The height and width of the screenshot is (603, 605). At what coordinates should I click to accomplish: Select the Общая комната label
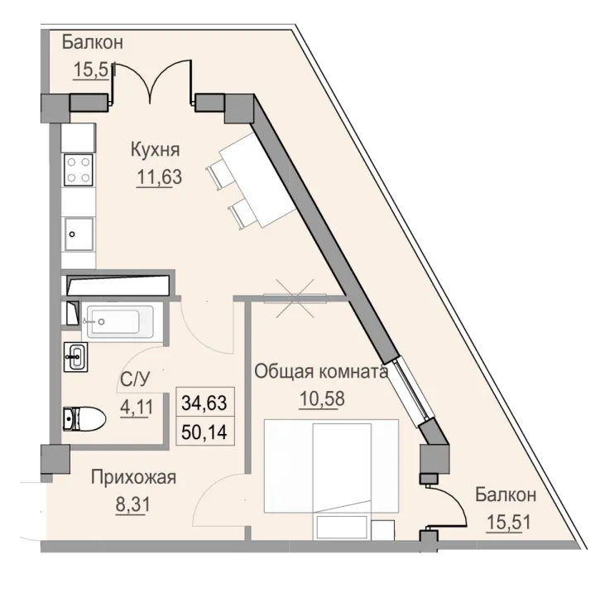click(x=321, y=372)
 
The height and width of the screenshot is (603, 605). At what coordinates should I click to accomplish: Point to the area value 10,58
click(x=321, y=398)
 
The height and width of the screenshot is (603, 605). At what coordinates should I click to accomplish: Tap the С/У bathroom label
click(x=135, y=379)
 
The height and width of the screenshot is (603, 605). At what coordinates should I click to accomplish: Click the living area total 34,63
click(x=203, y=404)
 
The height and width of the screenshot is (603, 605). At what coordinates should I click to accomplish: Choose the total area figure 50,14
click(x=203, y=431)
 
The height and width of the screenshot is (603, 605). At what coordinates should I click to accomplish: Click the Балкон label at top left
click(x=93, y=43)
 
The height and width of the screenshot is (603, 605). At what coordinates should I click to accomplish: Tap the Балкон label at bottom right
click(x=506, y=495)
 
